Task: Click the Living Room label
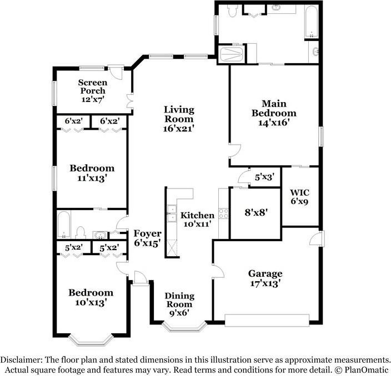click(x=178, y=119)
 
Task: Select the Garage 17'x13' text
click(x=265, y=278)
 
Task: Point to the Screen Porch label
click(x=92, y=91)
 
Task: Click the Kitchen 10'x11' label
click(x=198, y=220)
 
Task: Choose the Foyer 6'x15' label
click(x=147, y=238)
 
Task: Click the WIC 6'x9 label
click(x=299, y=197)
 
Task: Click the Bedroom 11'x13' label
click(x=92, y=172)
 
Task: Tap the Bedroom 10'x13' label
click(x=91, y=297)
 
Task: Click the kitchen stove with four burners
click(x=223, y=212)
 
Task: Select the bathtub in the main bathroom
click(x=312, y=21)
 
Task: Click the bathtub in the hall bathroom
click(x=63, y=224)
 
